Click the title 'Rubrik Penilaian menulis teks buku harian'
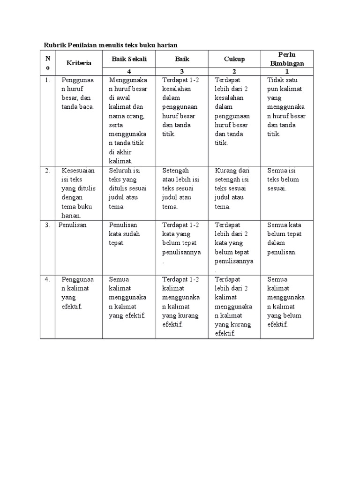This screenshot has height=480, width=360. pyautogui.click(x=111, y=45)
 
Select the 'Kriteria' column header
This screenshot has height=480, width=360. pyautogui.click(x=79, y=62)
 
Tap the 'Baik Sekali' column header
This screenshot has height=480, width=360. pyautogui.click(x=129, y=59)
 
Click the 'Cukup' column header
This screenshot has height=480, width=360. pyautogui.click(x=234, y=59)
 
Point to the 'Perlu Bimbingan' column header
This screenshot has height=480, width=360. pyautogui.click(x=287, y=59)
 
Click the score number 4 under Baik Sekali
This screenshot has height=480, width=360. pyautogui.click(x=129, y=72)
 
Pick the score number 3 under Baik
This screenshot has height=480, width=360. pyautogui.click(x=181, y=72)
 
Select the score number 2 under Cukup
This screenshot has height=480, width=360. pyautogui.click(x=234, y=72)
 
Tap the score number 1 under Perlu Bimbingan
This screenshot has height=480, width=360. pyautogui.click(x=287, y=72)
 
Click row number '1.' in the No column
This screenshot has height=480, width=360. pyautogui.click(x=47, y=80)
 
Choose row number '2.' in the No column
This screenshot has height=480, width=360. pyautogui.click(x=47, y=171)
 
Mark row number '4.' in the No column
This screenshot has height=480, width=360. pyautogui.click(x=47, y=279)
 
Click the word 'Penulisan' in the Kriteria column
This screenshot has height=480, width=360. pyautogui.click(x=73, y=225)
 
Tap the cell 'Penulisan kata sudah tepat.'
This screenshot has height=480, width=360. pyautogui.click(x=126, y=234)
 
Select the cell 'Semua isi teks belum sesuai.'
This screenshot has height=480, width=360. pyautogui.click(x=284, y=180)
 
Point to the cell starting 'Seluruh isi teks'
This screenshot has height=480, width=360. pyautogui.click(x=128, y=188)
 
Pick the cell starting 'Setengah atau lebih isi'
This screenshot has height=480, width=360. pyautogui.click(x=181, y=188)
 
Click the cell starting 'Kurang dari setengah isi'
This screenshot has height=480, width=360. pyautogui.click(x=233, y=188)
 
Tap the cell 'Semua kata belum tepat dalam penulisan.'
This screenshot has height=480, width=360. pyautogui.click(x=285, y=239)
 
